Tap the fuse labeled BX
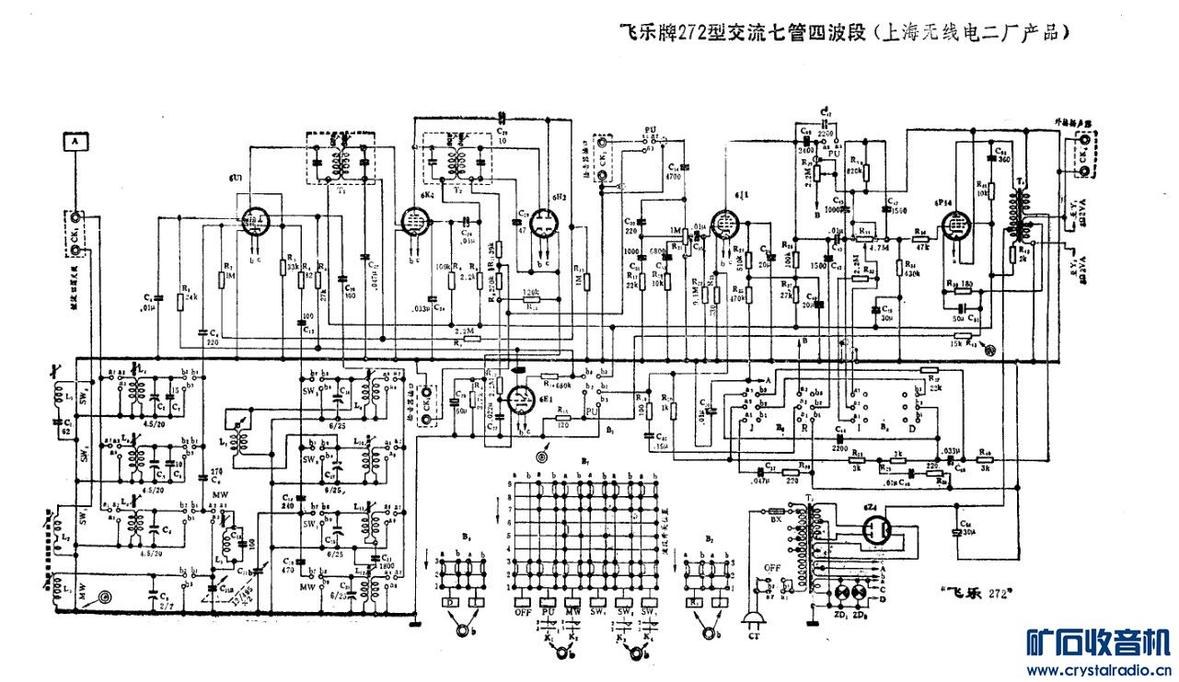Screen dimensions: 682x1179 pyautogui.click(x=776, y=510)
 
